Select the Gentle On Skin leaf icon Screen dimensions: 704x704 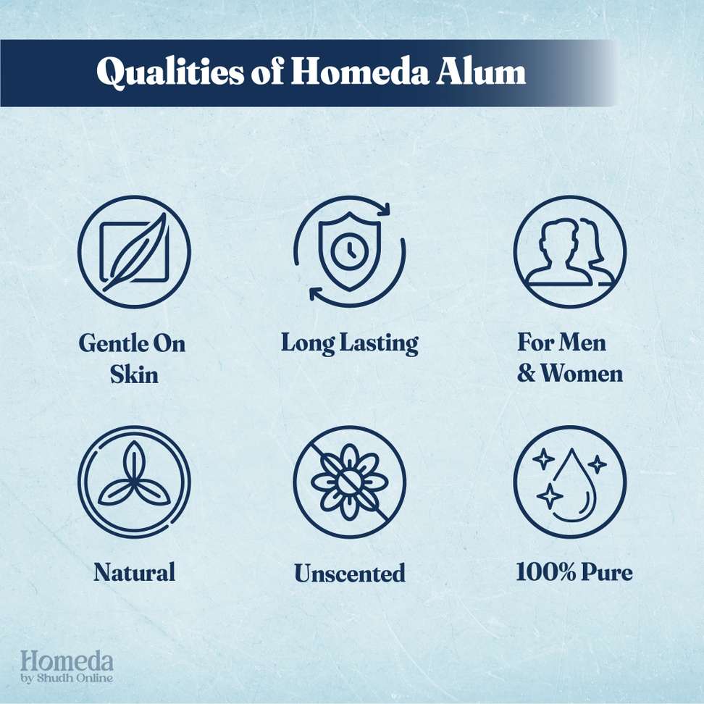[134, 252]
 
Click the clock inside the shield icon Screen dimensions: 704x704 [350, 250]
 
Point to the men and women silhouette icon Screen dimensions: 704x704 [570, 251]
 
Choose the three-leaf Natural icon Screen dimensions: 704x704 [134, 482]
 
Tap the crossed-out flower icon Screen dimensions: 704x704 [350, 482]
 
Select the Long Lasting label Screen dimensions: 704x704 [350, 344]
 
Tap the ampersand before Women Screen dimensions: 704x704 [527, 373]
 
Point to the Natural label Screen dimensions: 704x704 [134, 572]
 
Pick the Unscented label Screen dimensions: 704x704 [350, 573]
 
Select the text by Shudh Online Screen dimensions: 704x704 [67, 678]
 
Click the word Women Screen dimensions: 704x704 [582, 373]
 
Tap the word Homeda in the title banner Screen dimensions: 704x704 [359, 72]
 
